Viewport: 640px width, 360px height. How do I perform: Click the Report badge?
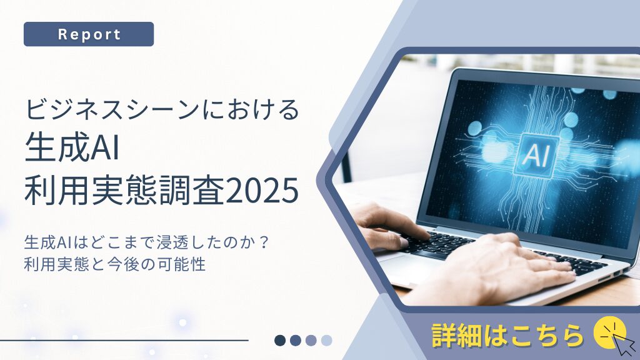pos(89,34)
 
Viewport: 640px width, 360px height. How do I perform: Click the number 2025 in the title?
pos(261,192)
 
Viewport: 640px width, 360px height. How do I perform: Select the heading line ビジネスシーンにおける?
pos(162,109)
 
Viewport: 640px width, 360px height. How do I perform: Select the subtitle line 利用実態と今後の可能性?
pos(115,264)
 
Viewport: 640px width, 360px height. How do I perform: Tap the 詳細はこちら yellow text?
pos(508,335)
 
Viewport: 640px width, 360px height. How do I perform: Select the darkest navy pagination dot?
pos(280,340)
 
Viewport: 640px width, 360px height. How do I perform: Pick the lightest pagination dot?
pos(326,340)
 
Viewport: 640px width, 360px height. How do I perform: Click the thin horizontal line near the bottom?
pos(125,340)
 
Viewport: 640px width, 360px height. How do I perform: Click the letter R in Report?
pos(62,34)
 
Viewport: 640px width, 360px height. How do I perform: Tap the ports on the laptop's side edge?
pos(611,276)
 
